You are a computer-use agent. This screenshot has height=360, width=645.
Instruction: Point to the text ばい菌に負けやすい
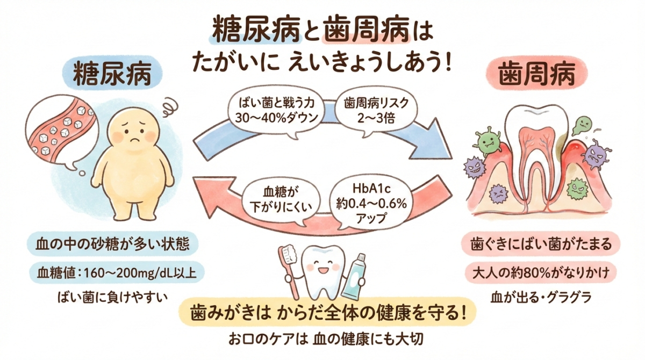[113, 296]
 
